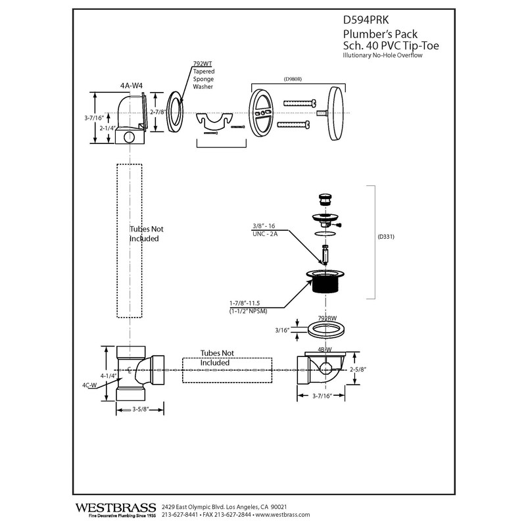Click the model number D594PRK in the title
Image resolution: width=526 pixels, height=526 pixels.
tap(366, 20)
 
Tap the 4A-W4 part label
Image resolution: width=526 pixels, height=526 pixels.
tap(131, 85)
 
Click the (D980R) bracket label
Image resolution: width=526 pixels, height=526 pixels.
tap(293, 79)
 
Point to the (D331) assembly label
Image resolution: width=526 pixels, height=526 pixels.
tap(386, 237)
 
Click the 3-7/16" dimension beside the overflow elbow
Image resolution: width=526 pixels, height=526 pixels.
tap(93, 118)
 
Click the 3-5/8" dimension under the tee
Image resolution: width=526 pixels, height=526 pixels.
tap(140, 409)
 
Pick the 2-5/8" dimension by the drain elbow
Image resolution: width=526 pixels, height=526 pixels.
tap(358, 370)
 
